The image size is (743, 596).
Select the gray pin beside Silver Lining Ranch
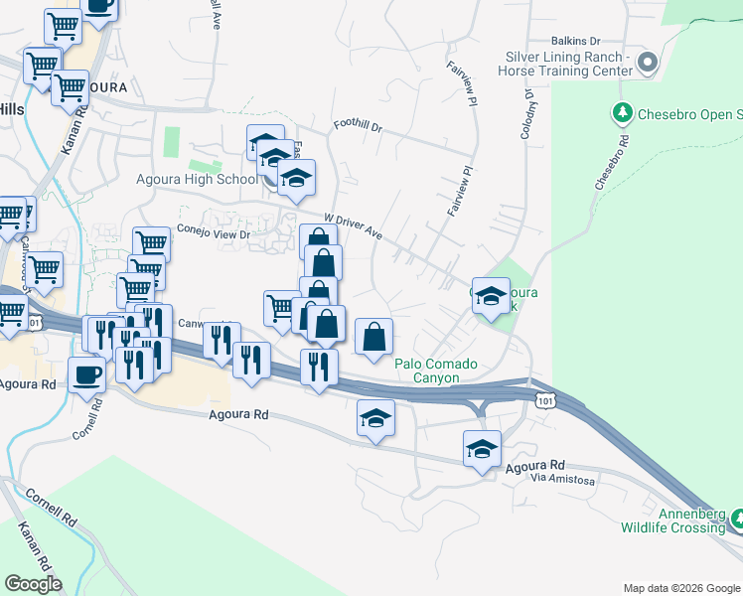648,64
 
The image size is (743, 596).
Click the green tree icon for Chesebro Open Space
623,112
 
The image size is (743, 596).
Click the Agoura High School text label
196,180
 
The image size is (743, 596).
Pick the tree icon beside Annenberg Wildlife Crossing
738,519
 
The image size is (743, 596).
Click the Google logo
33,583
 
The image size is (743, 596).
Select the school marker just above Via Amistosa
483,449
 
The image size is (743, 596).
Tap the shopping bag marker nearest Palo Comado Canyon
373,337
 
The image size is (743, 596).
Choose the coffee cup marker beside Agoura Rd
86,375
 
